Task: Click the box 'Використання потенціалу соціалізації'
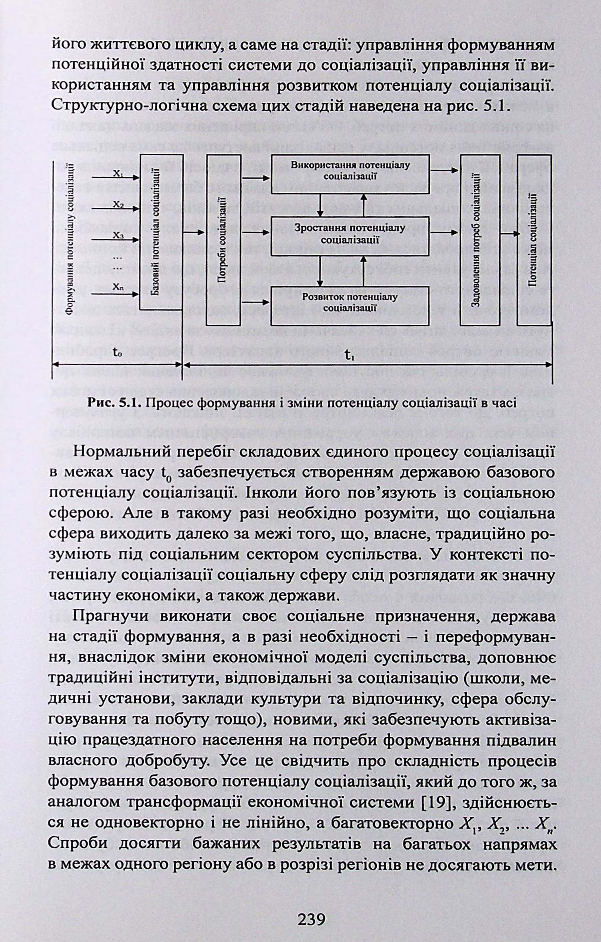[x=350, y=174]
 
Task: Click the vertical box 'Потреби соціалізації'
[x=223, y=240]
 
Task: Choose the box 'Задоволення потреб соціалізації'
[x=480, y=240]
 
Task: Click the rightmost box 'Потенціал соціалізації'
[x=534, y=240]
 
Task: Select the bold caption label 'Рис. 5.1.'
[x=113, y=403]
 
